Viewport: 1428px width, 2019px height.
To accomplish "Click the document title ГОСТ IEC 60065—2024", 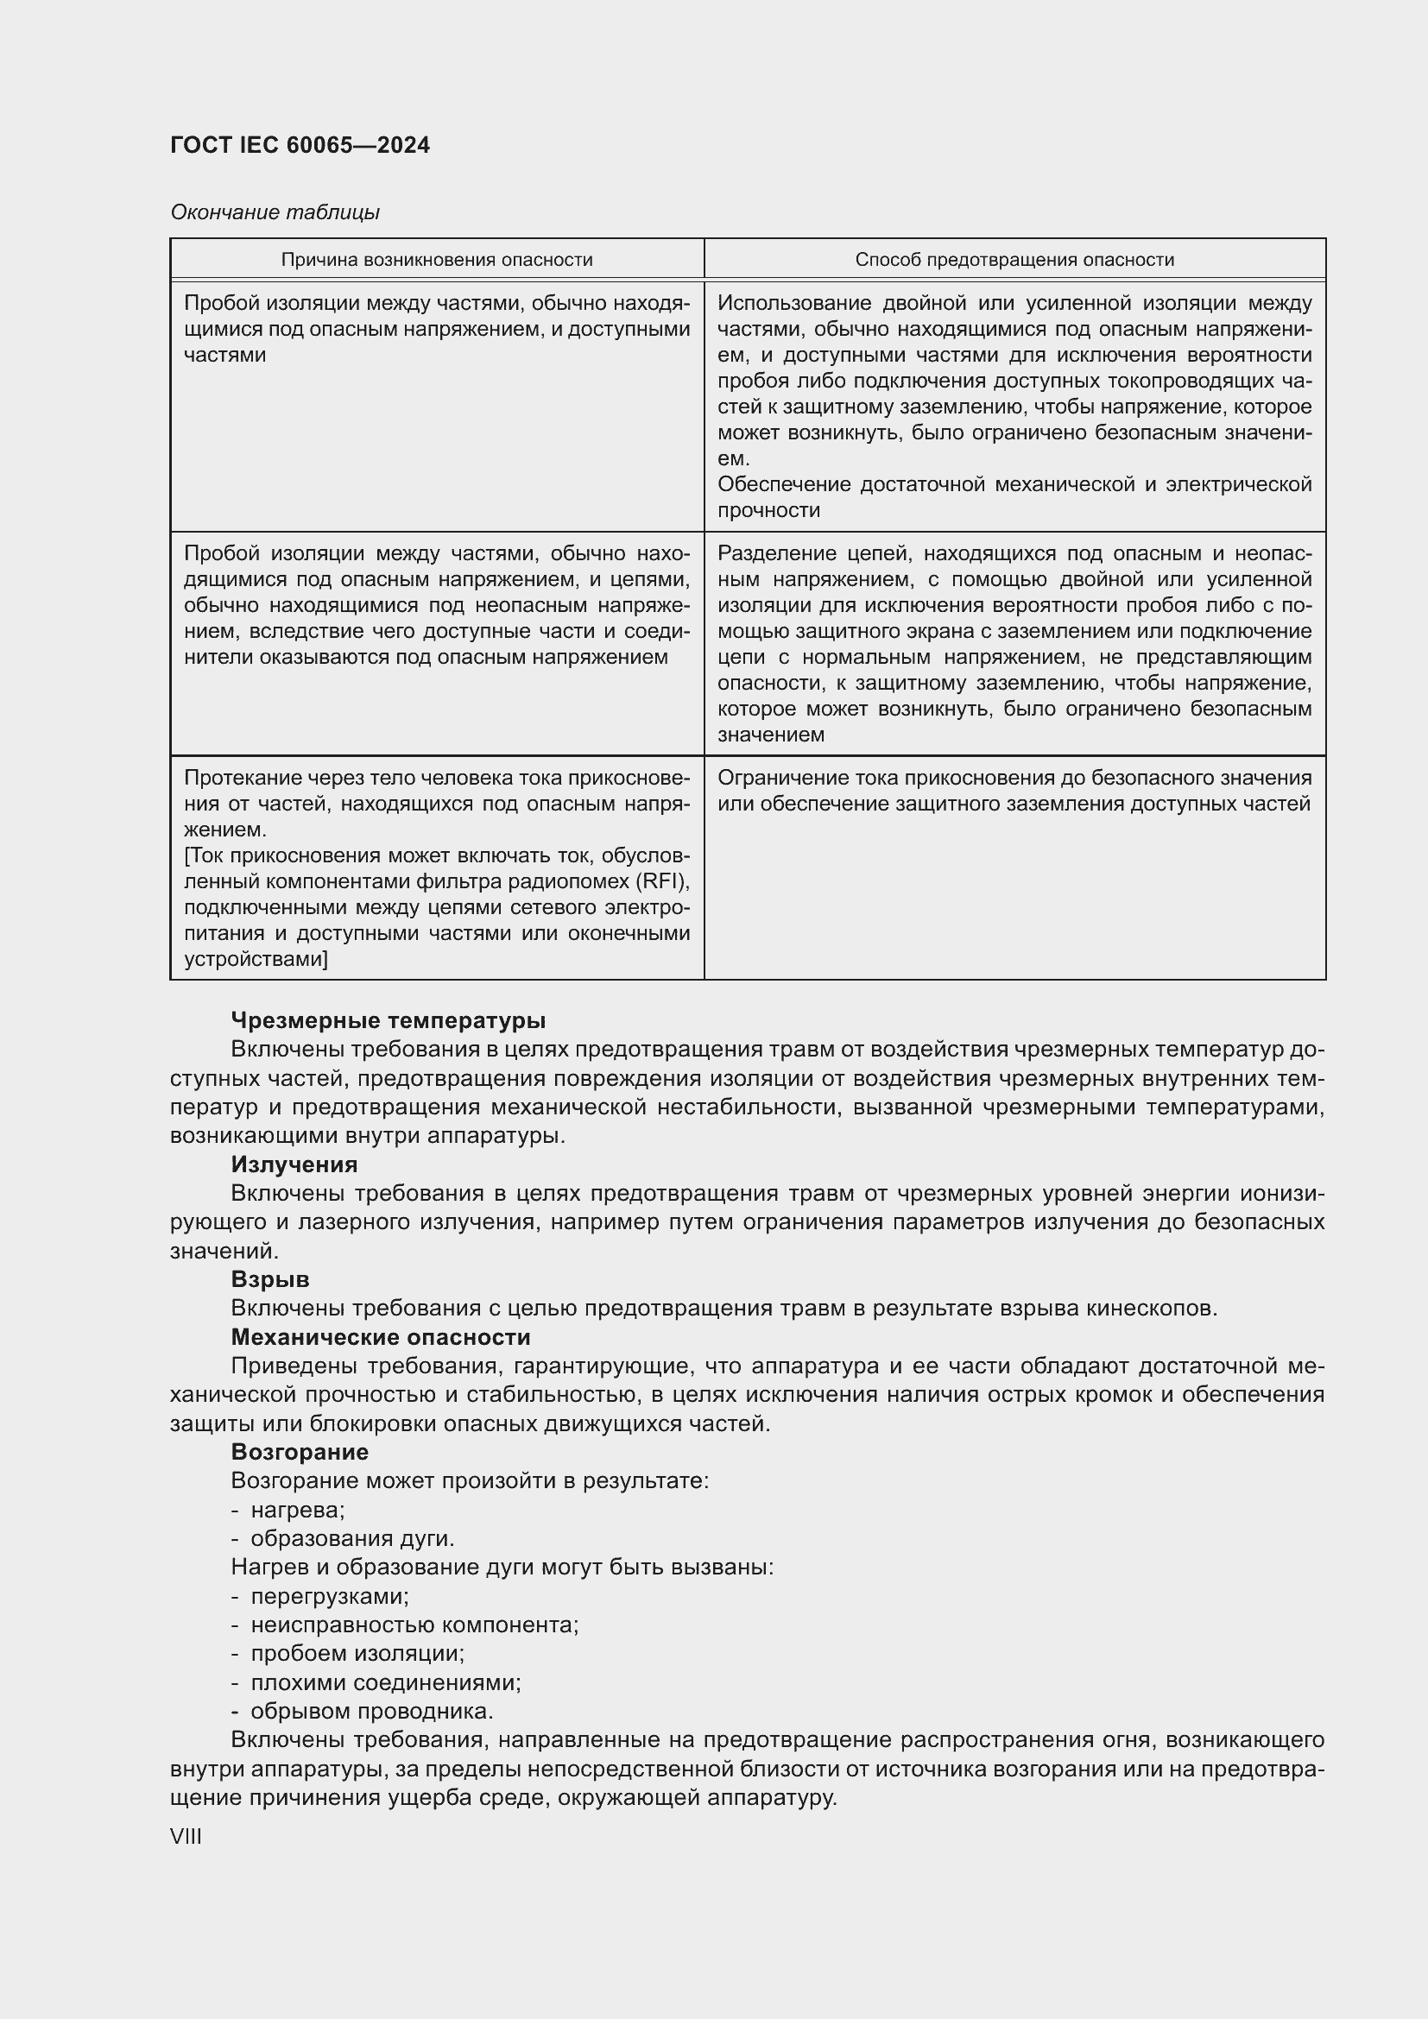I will pyautogui.click(x=300, y=145).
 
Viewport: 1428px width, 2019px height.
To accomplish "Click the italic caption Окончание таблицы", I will pyautogui.click(x=275, y=212).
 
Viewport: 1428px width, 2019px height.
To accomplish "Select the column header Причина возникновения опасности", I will pyautogui.click(x=436, y=260).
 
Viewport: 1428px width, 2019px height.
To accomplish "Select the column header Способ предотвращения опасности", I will pyautogui.click(x=1014, y=260).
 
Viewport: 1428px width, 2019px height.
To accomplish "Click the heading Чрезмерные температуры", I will pyautogui.click(x=388, y=1020).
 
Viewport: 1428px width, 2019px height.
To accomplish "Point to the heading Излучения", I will pyautogui.click(x=294, y=1164).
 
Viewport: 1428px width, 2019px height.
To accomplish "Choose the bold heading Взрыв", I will pyautogui.click(x=269, y=1278).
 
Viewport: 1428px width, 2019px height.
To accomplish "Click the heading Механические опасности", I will pyautogui.click(x=380, y=1336).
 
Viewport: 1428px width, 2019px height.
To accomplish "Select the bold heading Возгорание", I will pyautogui.click(x=299, y=1451).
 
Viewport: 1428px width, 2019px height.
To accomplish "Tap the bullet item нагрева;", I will pyautogui.click(x=297, y=1510).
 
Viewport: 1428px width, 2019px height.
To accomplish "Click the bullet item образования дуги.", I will pyautogui.click(x=351, y=1538).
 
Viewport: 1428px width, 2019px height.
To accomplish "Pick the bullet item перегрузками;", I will pyautogui.click(x=330, y=1596).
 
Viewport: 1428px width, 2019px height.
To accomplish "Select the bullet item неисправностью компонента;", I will pyautogui.click(x=414, y=1625).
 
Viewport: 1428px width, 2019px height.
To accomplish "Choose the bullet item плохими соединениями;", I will pyautogui.click(x=385, y=1682).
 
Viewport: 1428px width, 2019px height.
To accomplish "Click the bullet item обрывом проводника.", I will pyautogui.click(x=371, y=1711).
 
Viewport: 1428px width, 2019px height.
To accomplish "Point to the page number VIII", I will pyautogui.click(x=186, y=1837).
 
